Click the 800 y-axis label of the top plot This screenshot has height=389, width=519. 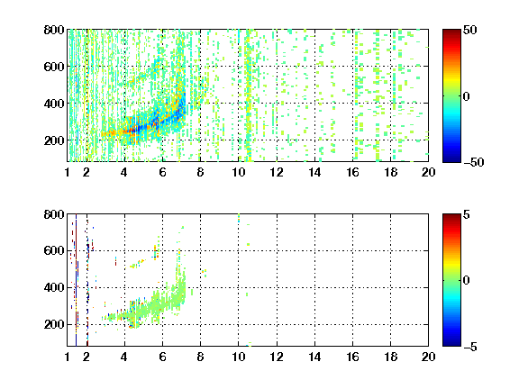(x=54, y=30)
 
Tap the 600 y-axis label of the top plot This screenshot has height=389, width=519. (x=54, y=67)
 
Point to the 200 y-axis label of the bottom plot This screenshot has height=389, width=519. (x=54, y=324)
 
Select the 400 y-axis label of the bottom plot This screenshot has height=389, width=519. (x=54, y=287)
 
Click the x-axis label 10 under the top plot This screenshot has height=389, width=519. (x=238, y=172)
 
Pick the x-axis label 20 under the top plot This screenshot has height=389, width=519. (x=428, y=172)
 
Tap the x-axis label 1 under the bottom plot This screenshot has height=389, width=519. (x=68, y=357)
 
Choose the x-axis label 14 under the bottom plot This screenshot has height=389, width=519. (x=314, y=357)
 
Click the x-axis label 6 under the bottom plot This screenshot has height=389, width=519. (x=162, y=357)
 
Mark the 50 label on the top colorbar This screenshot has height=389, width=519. (x=469, y=30)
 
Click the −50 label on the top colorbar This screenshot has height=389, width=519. (x=473, y=162)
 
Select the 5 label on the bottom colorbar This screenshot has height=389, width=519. (x=467, y=214)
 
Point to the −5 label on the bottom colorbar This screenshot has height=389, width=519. (x=470, y=347)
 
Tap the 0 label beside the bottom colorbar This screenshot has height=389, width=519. (x=467, y=281)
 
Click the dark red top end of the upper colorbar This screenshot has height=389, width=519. (x=451, y=32)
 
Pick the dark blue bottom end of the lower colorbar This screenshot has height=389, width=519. (x=451, y=344)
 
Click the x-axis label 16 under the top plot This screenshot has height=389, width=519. (x=352, y=172)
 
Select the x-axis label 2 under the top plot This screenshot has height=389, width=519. (x=86, y=172)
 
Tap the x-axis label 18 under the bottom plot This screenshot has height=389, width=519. (x=390, y=357)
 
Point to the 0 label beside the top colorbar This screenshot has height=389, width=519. (x=467, y=96)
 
